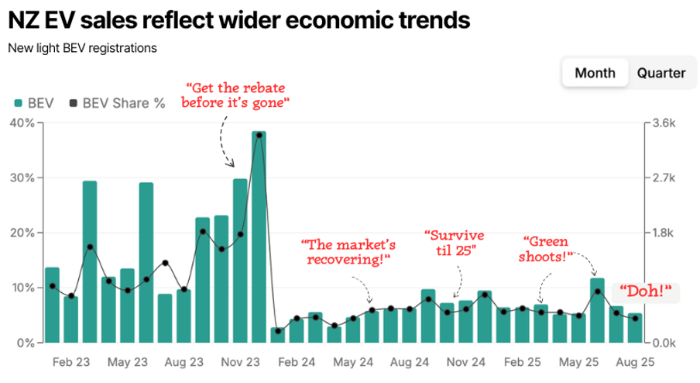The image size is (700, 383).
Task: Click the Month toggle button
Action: pyautogui.click(x=595, y=73)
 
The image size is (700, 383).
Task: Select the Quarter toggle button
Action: pyautogui.click(x=661, y=73)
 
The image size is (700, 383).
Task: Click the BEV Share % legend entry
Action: pyautogui.click(x=118, y=102)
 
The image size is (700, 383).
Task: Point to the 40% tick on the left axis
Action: pyautogui.click(x=22, y=122)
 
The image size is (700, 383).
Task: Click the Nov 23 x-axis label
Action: pyautogui.click(x=241, y=362)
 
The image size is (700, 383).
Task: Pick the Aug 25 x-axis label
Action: pyautogui.click(x=635, y=362)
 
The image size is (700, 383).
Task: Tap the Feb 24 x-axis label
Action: pyautogui.click(x=297, y=362)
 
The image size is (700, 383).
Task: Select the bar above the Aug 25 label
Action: pyautogui.click(x=635, y=328)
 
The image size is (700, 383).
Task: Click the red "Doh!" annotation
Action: pyautogui.click(x=645, y=292)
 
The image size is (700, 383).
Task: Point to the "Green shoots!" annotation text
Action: pyautogui.click(x=548, y=249)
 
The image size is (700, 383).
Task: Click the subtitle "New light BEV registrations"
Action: pyautogui.click(x=82, y=48)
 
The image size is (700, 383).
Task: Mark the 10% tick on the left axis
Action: pyautogui.click(x=22, y=288)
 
